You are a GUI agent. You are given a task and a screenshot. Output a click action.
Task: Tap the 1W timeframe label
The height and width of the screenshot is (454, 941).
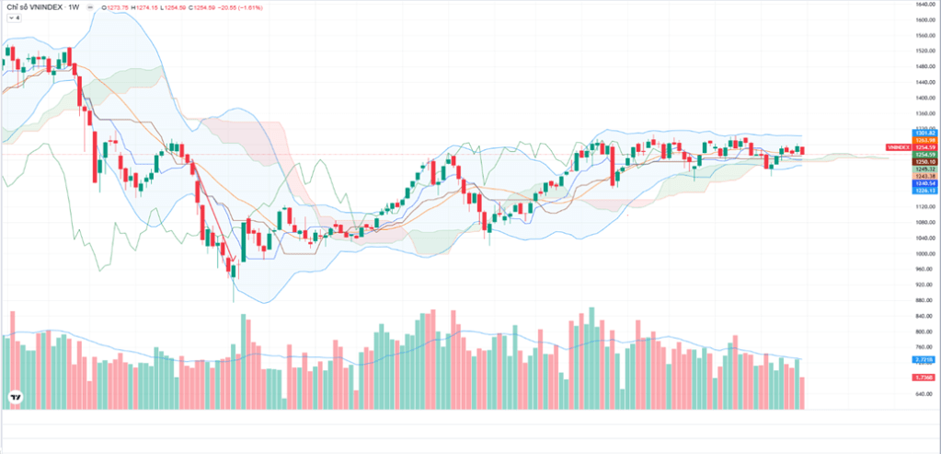click(74, 7)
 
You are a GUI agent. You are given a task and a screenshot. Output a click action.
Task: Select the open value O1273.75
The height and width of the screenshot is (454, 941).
click(116, 7)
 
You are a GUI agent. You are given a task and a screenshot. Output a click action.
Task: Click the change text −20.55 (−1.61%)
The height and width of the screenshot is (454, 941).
click(243, 7)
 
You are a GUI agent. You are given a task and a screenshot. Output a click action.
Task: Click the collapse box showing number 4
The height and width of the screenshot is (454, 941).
click(16, 18)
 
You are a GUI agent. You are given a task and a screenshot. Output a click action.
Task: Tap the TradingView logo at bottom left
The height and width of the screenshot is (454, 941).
click(16, 397)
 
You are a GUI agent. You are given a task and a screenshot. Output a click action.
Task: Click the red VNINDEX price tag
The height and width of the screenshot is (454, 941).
click(898, 147)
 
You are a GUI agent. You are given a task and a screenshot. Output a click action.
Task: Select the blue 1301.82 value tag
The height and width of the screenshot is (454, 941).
click(924, 134)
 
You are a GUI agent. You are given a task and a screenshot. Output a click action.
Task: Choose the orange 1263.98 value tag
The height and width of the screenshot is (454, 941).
click(924, 140)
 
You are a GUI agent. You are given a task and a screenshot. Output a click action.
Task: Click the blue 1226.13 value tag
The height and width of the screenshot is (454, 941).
click(924, 191)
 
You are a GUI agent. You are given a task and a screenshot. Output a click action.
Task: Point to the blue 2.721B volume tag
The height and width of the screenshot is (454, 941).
click(924, 359)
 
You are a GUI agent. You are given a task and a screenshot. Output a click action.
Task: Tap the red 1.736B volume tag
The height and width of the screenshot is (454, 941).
click(924, 378)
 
